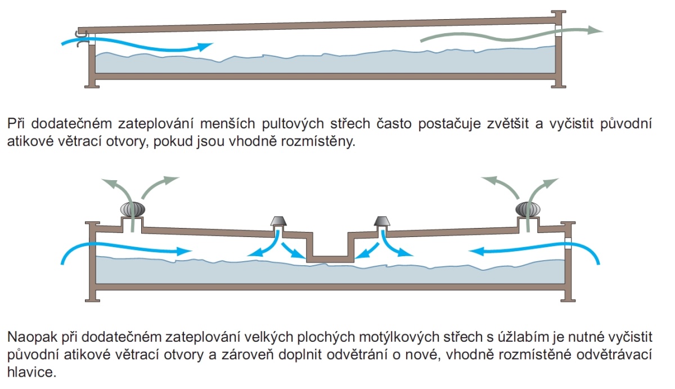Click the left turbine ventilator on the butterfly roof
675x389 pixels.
click(x=133, y=209)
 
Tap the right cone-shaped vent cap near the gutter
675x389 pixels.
click(x=381, y=222)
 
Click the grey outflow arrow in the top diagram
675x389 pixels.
click(x=506, y=35)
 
